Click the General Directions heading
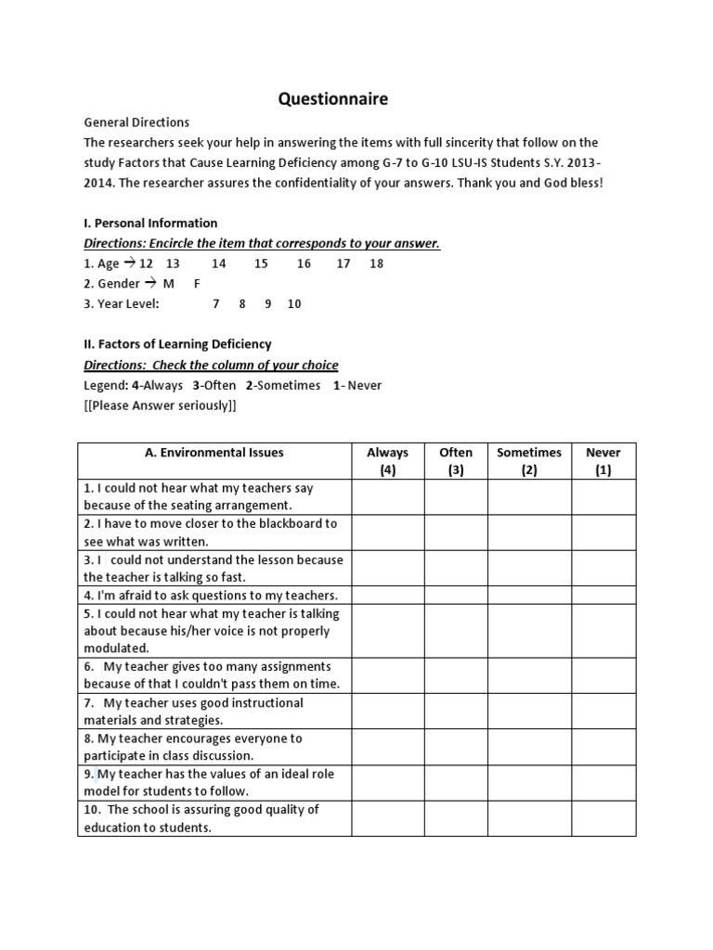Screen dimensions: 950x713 tap(136, 122)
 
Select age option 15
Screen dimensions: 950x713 tap(261, 263)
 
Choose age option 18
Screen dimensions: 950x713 tap(376, 263)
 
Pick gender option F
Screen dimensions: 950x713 tap(197, 284)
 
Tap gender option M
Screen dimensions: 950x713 tap(168, 284)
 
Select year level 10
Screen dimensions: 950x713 tap(294, 303)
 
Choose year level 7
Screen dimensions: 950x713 tap(216, 303)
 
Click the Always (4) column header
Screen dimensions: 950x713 tap(387, 461)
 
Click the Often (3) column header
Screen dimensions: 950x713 tap(456, 461)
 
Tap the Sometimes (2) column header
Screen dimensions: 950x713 tap(529, 461)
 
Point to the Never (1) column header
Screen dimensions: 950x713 tap(603, 461)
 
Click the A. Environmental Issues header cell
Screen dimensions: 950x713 tap(214, 453)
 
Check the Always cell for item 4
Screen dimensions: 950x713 tap(387, 596)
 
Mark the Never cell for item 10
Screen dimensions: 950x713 tap(603, 818)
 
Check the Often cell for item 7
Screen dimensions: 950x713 tap(456, 712)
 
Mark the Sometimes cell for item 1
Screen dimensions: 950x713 tap(529, 496)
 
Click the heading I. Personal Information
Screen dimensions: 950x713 tap(150, 223)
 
